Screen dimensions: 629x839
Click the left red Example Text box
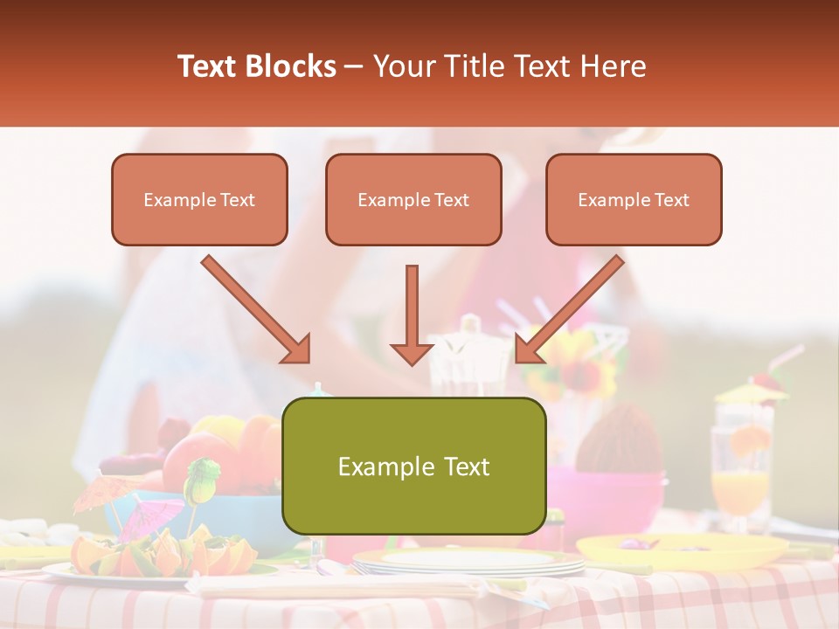coord(199,199)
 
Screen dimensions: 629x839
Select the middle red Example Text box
coord(413,199)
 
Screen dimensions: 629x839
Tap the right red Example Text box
coord(634,199)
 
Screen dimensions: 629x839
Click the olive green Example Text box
coord(413,466)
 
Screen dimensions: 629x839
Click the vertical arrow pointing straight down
coord(412,314)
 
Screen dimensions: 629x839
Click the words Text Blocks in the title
coord(256,66)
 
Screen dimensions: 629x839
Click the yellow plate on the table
coord(682,550)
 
